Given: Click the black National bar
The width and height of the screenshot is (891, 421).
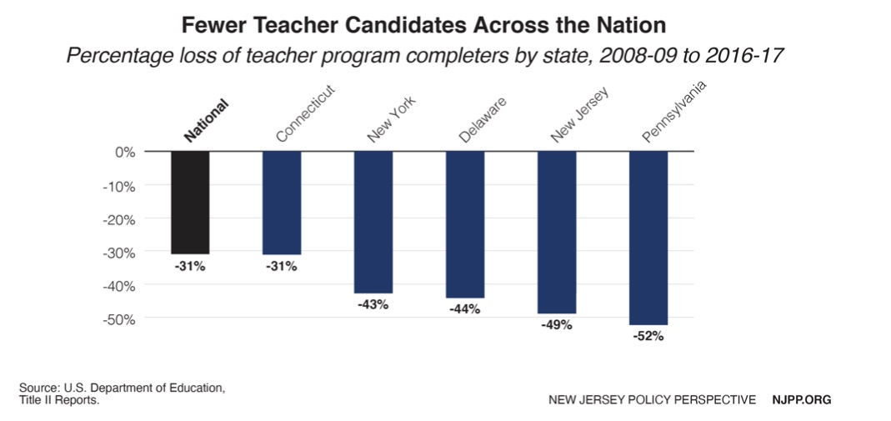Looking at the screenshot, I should [x=190, y=203].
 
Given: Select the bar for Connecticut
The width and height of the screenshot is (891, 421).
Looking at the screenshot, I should [x=282, y=203].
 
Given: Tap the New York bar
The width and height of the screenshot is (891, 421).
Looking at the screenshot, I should [x=373, y=222].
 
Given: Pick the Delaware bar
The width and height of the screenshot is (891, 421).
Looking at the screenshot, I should [x=465, y=224].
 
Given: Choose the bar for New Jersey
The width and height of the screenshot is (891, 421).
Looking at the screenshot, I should [x=557, y=232].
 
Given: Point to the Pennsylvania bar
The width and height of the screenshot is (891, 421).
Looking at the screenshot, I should [x=648, y=238].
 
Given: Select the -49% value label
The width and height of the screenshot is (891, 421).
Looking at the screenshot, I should [x=557, y=325].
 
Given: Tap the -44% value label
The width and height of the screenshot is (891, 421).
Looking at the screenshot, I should [x=465, y=309].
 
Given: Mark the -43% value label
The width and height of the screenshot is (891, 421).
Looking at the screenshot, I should [x=373, y=304].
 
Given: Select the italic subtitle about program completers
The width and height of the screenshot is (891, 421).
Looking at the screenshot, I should [x=425, y=57].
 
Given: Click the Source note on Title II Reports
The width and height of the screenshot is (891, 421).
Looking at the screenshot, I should [x=122, y=394].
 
